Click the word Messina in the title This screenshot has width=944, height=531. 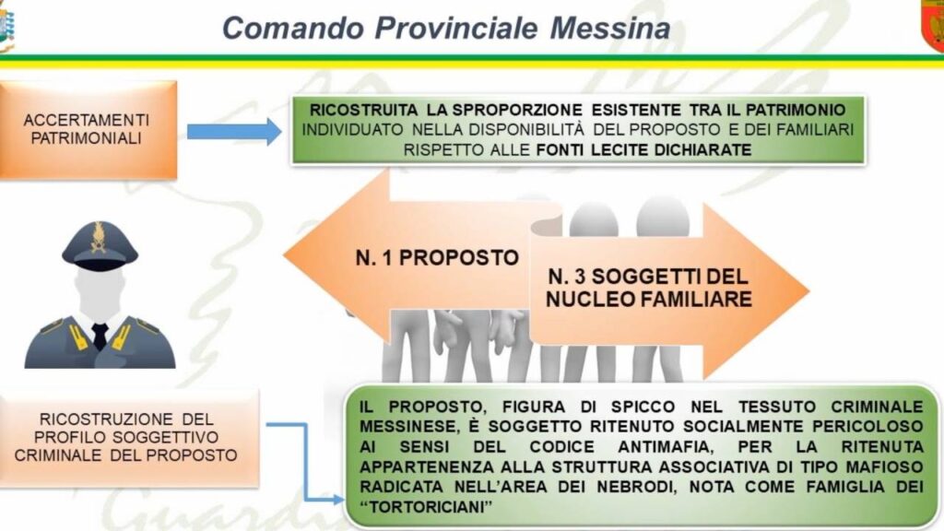point(610,28)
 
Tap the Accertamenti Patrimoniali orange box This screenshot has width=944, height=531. point(88,129)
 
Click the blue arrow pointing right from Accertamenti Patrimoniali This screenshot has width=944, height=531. point(234,131)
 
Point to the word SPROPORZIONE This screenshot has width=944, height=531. point(517,110)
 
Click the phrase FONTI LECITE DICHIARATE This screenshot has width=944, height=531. point(643,149)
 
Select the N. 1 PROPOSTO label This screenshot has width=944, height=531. point(437,258)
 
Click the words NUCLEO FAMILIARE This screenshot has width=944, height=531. point(648,300)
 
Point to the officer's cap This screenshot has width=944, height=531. point(100,244)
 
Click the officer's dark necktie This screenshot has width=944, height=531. point(100,336)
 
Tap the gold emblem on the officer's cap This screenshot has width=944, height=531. point(98,237)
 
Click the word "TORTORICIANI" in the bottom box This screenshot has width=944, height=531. point(426,506)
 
